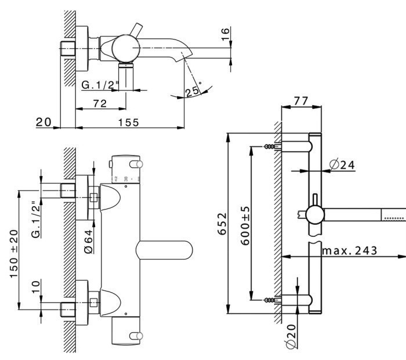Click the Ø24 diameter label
click(342, 164)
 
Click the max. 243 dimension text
click(349, 250)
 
